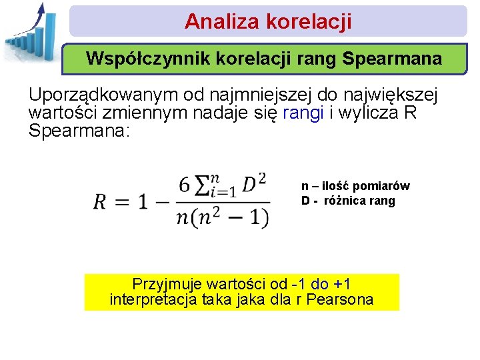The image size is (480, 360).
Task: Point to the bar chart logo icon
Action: pos(30,32)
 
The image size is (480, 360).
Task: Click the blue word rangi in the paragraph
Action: pos(303,113)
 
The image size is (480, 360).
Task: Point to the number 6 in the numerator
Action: pos(185,183)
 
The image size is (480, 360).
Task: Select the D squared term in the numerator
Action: pos(255,182)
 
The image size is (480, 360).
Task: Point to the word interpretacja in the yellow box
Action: pos(153,299)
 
